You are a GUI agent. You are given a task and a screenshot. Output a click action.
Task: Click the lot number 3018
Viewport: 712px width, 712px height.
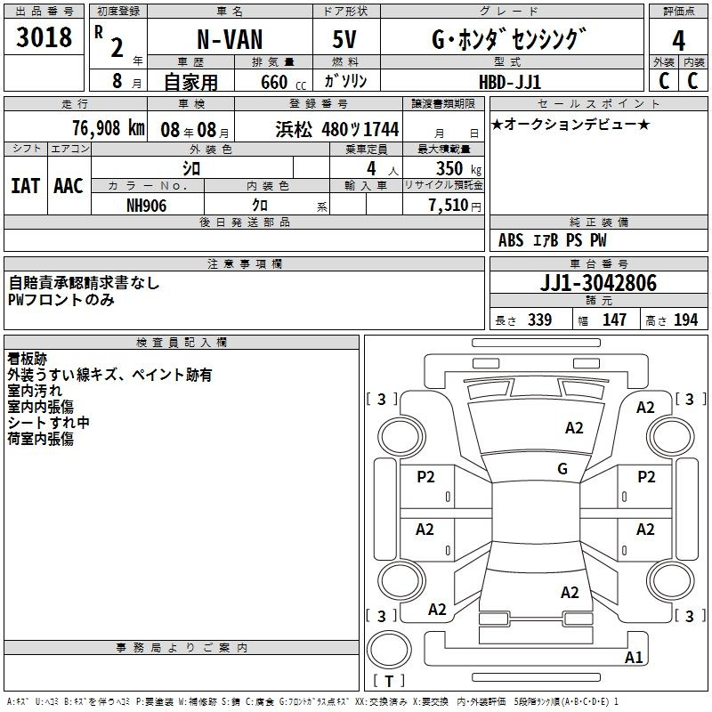point(44,36)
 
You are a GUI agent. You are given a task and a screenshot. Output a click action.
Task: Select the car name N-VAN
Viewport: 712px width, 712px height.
point(230,39)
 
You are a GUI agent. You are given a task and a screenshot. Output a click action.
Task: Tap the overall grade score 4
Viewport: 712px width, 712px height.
point(678,40)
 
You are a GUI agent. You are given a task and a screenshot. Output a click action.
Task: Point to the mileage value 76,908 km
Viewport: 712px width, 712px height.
point(109,128)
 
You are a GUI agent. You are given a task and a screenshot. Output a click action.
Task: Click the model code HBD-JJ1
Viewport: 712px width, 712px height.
point(510,82)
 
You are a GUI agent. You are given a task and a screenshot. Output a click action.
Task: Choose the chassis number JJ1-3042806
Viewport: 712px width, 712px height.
point(598,283)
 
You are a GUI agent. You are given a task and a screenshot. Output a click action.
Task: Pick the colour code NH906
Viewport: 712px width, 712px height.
point(146,206)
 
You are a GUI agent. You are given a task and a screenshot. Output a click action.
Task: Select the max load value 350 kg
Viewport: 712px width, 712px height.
point(458,168)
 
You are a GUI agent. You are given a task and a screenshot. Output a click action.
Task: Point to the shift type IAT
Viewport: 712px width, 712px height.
point(26,186)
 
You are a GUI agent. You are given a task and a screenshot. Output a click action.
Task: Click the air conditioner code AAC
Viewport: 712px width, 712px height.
point(69,186)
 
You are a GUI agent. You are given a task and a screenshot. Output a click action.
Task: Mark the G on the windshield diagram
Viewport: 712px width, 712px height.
point(562,469)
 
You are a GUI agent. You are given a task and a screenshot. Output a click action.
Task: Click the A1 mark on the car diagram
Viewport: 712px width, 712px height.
point(634,657)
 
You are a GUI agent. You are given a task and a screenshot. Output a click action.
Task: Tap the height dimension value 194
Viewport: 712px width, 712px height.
point(685,320)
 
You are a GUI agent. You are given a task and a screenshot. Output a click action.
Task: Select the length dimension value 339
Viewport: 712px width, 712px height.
point(539,320)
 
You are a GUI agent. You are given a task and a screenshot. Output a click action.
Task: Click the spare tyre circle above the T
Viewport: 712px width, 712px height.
point(389,650)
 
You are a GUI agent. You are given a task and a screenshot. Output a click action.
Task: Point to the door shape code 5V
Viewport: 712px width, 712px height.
point(344,39)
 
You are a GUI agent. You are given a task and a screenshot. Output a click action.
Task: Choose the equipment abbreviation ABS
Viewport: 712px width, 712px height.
point(511,240)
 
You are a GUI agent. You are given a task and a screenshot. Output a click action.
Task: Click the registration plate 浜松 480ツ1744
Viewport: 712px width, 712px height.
point(337,129)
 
